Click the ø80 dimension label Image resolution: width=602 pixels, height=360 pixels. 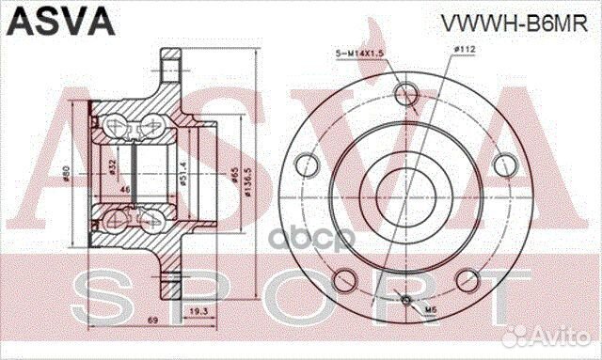tap(67, 174)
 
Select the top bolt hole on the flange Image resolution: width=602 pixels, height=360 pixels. tap(406, 93)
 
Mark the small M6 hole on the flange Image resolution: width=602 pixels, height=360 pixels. tap(406, 301)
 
